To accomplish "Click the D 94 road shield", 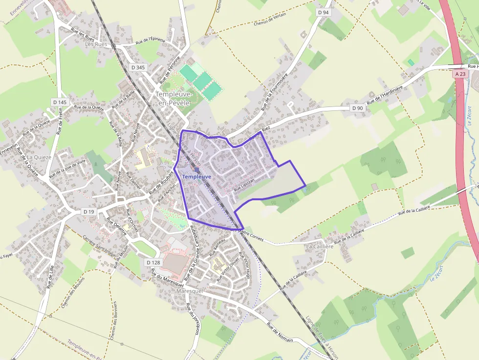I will (323, 12).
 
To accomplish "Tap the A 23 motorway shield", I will (460, 74).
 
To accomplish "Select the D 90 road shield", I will (357, 108).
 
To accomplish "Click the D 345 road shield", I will (138, 67).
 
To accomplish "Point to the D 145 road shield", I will (60, 102).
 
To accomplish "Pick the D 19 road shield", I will (88, 212).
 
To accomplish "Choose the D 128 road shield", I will (153, 262).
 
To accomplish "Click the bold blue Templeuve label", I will (196, 176).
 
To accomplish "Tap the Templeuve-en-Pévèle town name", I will (174, 98).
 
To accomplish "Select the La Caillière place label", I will (319, 247).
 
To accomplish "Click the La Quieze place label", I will (39, 157).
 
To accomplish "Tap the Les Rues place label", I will (95, 44).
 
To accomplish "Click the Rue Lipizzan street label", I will (244, 188).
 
